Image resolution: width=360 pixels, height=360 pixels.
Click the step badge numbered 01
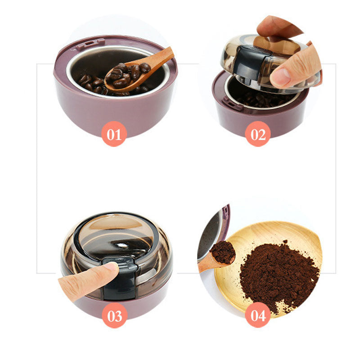coord(114,134)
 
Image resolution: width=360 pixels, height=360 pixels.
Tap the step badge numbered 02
coord(258,134)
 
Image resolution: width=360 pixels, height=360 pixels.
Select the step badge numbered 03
coord(115,315)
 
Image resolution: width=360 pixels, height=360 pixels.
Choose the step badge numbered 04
coord(258,315)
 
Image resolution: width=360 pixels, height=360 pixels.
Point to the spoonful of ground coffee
coord(223,252)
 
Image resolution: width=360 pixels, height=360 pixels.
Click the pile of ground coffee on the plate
coord(279,275)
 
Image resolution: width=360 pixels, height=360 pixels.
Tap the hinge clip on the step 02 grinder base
coord(231,104)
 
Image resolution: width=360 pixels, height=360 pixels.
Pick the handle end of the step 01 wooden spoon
coord(169,52)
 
